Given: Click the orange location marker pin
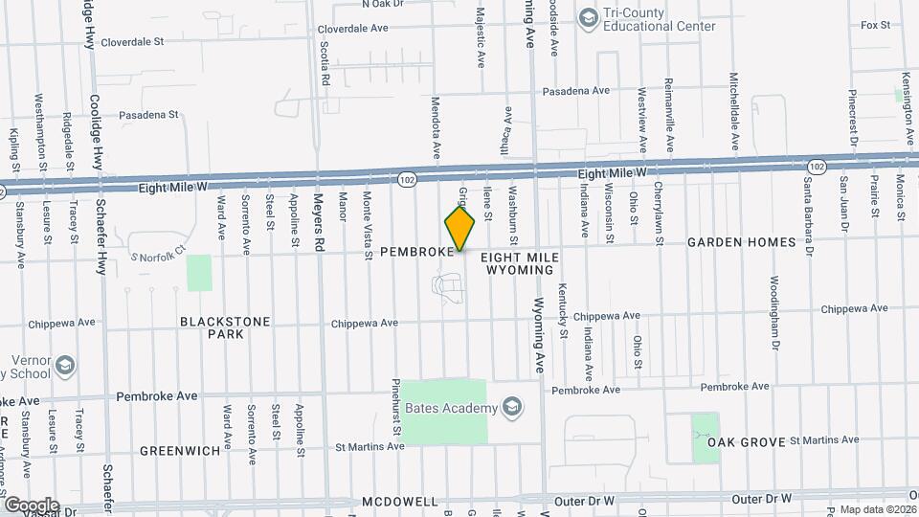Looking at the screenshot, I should coord(460,229).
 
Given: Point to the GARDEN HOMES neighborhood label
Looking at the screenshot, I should coord(741,242).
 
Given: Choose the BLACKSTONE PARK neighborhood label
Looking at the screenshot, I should coord(225,327).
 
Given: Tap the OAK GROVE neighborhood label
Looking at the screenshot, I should coord(747,442).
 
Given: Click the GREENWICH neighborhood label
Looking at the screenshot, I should coord(180,450).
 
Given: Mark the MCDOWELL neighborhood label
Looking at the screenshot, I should coord(399,502).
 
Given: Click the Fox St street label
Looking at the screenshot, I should coord(875,25).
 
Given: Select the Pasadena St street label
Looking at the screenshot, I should coord(148,114).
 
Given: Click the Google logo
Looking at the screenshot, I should coord(31,505).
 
